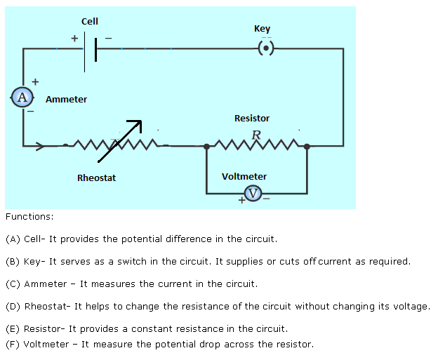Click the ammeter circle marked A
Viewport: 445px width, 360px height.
tap(22, 97)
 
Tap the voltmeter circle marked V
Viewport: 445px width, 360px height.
tap(253, 193)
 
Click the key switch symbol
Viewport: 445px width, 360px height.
tap(265, 48)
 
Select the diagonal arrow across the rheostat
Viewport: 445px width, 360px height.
tap(120, 140)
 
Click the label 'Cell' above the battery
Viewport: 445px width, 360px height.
tap(90, 22)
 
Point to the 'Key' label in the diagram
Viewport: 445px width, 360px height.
tap(262, 29)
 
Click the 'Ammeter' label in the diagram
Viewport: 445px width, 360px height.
tap(67, 100)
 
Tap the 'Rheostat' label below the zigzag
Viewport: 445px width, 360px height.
tap(96, 178)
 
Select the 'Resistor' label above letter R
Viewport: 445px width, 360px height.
tap(252, 119)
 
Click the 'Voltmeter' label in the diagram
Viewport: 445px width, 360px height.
tap(244, 177)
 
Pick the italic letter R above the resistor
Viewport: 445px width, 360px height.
tap(256, 134)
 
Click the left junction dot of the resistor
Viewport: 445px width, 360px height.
tap(206, 147)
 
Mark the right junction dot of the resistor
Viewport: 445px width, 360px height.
tap(307, 147)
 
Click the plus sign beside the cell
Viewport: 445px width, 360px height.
tap(74, 39)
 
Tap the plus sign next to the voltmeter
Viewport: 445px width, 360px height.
tap(241, 201)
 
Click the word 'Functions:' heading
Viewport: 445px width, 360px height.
tap(29, 218)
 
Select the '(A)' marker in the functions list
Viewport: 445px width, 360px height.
tap(13, 239)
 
